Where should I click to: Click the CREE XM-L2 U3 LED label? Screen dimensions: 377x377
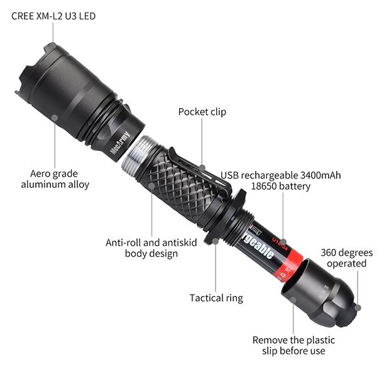pos(53,16)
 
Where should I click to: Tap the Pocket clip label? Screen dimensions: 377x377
pos(202,112)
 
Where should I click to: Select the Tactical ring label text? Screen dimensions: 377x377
pos(216,298)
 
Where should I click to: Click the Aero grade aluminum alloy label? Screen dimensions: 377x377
pos(55,179)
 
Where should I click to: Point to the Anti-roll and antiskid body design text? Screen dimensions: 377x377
pos(151,248)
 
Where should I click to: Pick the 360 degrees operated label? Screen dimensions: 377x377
pos(346,258)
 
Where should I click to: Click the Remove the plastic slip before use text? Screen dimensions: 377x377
pos(293,346)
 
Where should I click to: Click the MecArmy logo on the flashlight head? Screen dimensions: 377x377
pos(120,143)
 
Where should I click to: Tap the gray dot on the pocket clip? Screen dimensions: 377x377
pos(203,168)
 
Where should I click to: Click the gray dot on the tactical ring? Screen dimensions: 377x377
pos(216,241)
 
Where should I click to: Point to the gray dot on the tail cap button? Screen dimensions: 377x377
pos(358,307)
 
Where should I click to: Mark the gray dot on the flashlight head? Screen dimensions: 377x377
pos(55,118)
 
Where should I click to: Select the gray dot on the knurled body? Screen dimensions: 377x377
pos(151,186)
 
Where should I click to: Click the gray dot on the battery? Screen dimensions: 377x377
pos(283,242)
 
